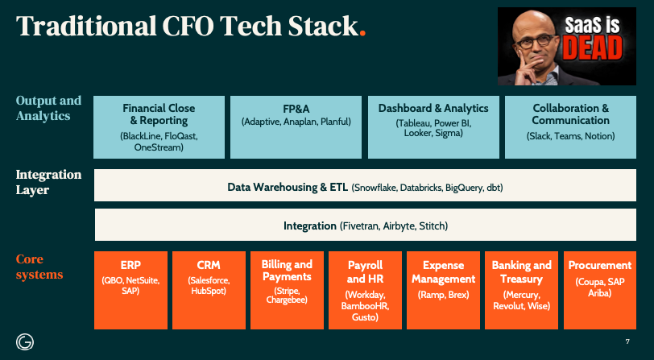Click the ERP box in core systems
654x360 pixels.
(131, 290)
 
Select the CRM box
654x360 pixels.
(209, 290)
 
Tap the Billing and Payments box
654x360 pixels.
(287, 290)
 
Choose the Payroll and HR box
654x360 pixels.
(365, 290)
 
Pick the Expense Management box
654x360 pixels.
(443, 290)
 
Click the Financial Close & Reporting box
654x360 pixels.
(159, 126)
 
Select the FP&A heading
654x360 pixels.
(296, 108)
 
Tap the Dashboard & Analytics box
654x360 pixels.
(433, 126)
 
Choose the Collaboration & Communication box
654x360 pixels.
(570, 126)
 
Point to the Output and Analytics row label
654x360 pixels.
(48, 109)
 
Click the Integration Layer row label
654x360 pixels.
(48, 182)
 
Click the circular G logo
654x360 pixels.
(24, 341)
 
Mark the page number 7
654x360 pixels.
(627, 341)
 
